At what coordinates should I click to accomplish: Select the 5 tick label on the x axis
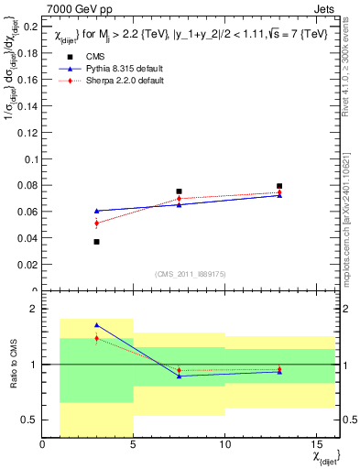click(x=134, y=446)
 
